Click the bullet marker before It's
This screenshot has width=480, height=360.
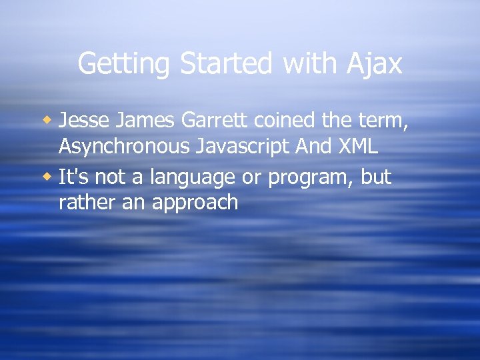click(x=47, y=177)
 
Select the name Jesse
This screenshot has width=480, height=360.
click(x=83, y=121)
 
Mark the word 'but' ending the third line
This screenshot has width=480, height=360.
click(x=377, y=177)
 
